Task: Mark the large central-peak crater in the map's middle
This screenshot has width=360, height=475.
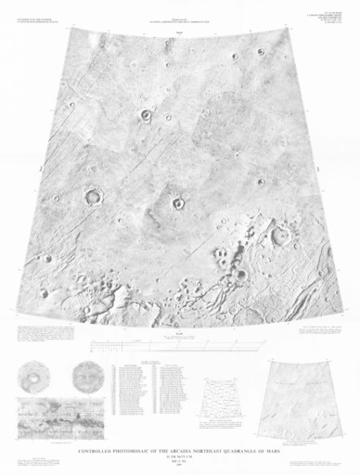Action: point(176,203)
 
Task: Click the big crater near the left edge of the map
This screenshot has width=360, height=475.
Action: point(94,196)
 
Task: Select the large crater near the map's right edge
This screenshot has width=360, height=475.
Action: point(279,237)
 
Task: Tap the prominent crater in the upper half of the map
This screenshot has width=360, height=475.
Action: point(147,116)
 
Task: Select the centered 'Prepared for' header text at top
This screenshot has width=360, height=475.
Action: point(180,12)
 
